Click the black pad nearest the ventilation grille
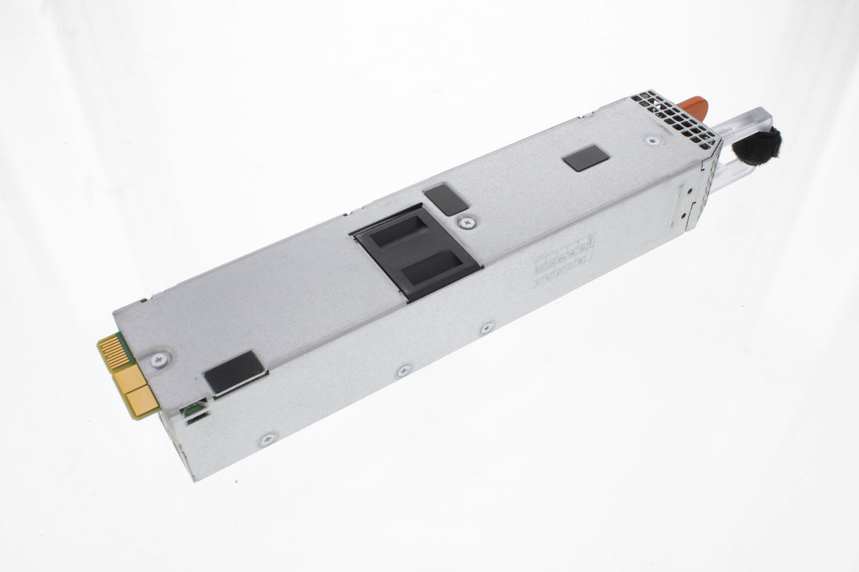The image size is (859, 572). [x=586, y=158]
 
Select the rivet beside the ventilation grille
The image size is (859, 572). [x=649, y=140]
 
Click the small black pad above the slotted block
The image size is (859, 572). [x=447, y=199]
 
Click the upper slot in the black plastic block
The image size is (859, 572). [x=399, y=232]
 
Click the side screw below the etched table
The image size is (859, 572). [x=488, y=328]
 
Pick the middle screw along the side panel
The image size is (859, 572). [x=403, y=370]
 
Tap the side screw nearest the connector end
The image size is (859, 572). [x=267, y=439]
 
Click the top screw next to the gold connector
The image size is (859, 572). [x=159, y=358]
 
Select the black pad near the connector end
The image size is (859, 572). [x=234, y=373]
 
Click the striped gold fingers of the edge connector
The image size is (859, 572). [x=115, y=351]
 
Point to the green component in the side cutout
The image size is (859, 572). [x=190, y=409]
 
